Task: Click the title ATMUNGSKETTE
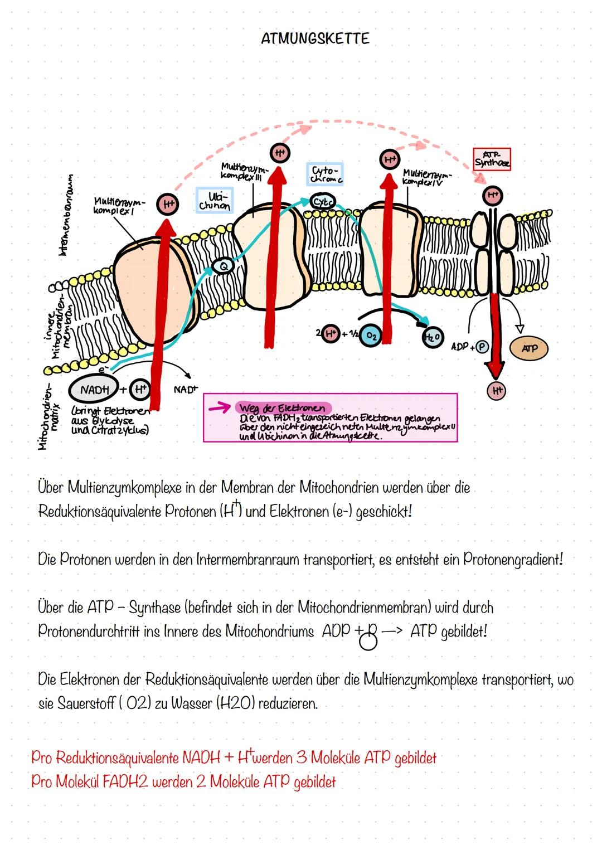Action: [x=315, y=38]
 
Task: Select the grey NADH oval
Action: [x=94, y=390]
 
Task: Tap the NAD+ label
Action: [x=186, y=390]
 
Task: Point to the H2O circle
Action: [x=433, y=337]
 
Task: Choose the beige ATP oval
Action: [x=528, y=348]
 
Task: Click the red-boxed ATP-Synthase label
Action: [x=491, y=159]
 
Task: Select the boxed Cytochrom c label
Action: [x=325, y=174]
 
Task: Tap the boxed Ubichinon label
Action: [x=214, y=201]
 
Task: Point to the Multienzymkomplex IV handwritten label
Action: [x=427, y=178]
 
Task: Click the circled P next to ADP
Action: [x=481, y=346]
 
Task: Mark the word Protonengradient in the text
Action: [x=512, y=559]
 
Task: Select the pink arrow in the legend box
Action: [x=219, y=410]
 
